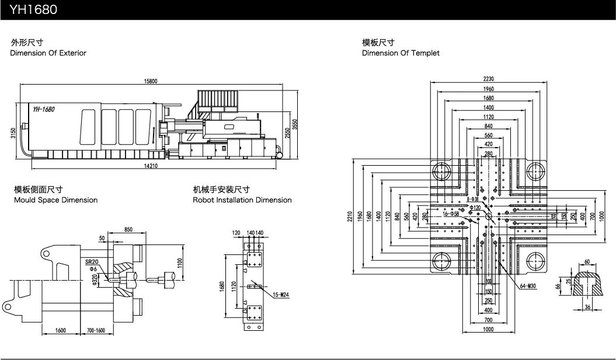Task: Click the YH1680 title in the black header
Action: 33,10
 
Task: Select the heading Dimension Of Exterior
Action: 48,53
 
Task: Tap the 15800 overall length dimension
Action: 151,81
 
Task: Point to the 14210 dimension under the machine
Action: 151,166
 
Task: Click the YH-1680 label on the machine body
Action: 44,109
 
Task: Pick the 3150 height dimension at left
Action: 13,134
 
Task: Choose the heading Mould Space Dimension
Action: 56,200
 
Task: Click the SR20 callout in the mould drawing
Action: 92,262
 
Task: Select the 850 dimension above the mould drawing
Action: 128,229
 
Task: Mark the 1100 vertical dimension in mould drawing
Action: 180,263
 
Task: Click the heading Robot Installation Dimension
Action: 242,200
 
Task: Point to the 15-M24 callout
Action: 281,295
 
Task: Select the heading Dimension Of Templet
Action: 401,53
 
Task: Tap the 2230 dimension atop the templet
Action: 488,79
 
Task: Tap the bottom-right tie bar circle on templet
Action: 535,261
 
